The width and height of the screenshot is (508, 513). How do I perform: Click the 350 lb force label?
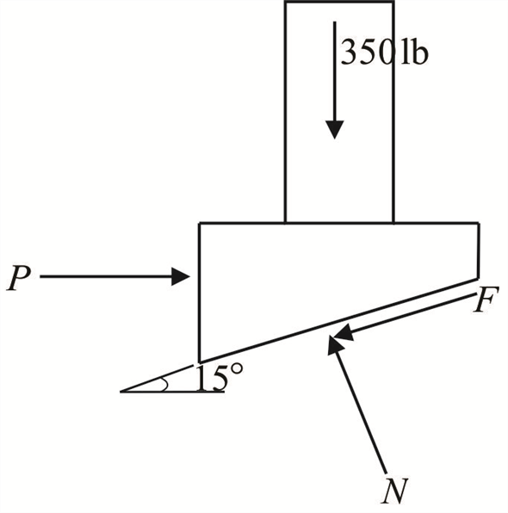(x=384, y=53)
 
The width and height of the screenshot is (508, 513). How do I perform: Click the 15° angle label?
(x=205, y=378)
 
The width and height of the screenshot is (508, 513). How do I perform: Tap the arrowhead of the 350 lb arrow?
(x=333, y=128)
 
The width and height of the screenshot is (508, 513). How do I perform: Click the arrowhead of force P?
(x=182, y=276)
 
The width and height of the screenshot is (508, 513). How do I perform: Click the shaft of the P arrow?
(x=103, y=276)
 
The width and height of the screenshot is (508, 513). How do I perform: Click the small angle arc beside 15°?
(x=163, y=385)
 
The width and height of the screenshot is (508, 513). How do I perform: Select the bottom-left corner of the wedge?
(x=200, y=362)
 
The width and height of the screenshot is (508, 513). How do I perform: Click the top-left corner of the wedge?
(x=200, y=224)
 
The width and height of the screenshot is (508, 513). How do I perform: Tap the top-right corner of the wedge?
(x=479, y=224)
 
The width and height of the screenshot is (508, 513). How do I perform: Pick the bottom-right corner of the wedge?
(x=479, y=278)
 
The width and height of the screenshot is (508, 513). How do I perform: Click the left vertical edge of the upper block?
(x=286, y=112)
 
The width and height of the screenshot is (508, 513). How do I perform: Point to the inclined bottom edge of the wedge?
(x=284, y=337)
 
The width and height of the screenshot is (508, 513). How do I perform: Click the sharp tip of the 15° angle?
(x=121, y=391)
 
